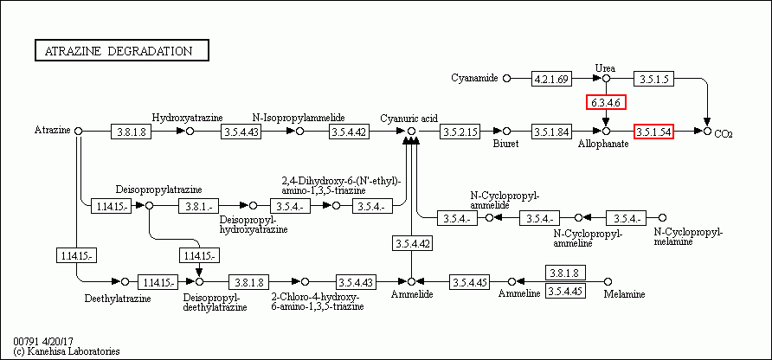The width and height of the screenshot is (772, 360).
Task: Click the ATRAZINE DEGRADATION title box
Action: pyautogui.click(x=121, y=50)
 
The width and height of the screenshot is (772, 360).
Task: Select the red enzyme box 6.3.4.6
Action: pyautogui.click(x=606, y=103)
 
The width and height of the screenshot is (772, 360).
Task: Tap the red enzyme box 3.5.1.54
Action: pyautogui.click(x=653, y=132)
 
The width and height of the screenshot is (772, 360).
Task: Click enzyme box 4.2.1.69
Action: pyautogui.click(x=552, y=79)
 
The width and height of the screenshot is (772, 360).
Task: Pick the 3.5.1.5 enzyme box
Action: pyautogui.click(x=654, y=79)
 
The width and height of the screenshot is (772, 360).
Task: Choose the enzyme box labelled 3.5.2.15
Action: pyautogui.click(x=460, y=132)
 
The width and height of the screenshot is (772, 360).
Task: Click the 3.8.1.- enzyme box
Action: pyautogui.click(x=200, y=206)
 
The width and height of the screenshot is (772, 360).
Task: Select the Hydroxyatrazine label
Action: pyautogui.click(x=188, y=117)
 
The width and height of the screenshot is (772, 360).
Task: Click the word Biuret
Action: pyautogui.click(x=506, y=144)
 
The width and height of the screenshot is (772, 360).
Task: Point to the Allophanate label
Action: pyautogui.click(x=603, y=144)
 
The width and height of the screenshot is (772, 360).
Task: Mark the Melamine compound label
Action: pyautogui.click(x=624, y=294)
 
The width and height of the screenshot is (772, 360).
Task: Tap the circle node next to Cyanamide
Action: pyautogui.click(x=507, y=79)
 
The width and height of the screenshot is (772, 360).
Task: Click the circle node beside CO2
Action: pyautogui.click(x=707, y=132)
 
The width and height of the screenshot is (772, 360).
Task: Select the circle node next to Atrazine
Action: pyautogui.click(x=78, y=131)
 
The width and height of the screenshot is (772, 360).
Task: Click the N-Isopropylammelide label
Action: pyautogui.click(x=299, y=117)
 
